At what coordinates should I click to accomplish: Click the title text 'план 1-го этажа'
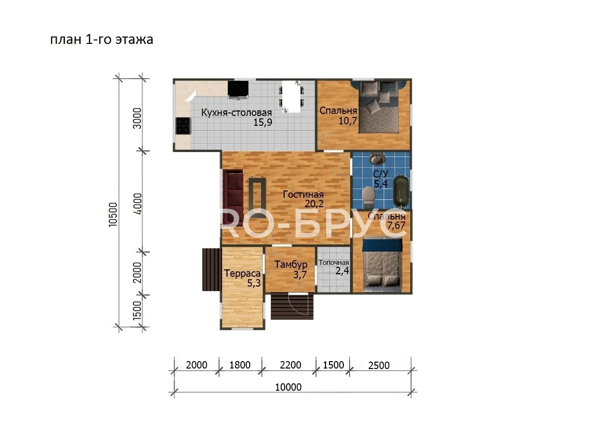tap(102, 39)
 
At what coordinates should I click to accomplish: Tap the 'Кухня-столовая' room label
tap(236, 112)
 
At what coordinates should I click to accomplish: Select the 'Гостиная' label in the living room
tap(303, 194)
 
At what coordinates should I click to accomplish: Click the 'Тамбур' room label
tap(291, 264)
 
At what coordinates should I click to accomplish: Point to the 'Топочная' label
tap(333, 262)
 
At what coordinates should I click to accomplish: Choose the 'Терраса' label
tap(242, 274)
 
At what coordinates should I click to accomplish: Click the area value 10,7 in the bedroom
tap(348, 121)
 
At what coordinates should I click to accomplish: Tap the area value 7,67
tap(396, 225)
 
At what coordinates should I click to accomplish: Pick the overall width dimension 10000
tap(288, 387)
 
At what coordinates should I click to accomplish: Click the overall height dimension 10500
tap(113, 215)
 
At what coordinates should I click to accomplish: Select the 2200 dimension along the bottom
tap(290, 365)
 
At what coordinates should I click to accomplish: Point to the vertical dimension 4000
tap(137, 204)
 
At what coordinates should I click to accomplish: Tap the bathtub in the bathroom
tap(401, 191)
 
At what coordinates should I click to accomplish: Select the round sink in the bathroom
tap(377, 158)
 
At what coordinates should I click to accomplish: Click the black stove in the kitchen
tap(184, 126)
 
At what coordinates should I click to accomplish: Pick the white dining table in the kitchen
tap(291, 97)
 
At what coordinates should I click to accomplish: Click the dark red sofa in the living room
tap(233, 198)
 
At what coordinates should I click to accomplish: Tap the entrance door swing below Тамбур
tap(298, 304)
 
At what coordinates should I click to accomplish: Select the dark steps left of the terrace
tap(212, 269)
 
